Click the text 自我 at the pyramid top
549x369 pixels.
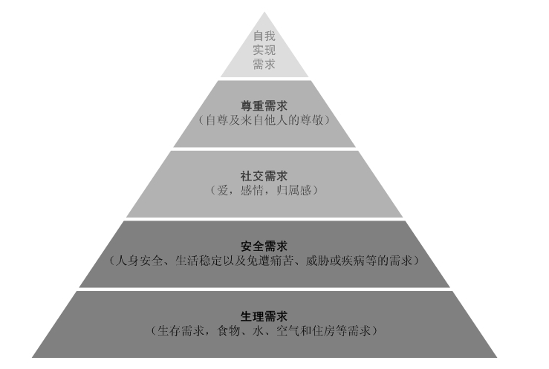click(264, 36)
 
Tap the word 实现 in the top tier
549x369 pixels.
click(264, 50)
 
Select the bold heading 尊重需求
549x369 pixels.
click(264, 105)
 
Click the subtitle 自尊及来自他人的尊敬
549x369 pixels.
click(264, 120)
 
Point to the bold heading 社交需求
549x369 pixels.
click(264, 175)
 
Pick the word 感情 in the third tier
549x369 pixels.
click(252, 190)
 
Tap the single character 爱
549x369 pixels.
click(223, 190)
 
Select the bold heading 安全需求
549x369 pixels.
click(264, 246)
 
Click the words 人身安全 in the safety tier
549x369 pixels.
click(139, 261)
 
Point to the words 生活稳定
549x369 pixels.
click(198, 261)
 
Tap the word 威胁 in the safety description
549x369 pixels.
click(317, 261)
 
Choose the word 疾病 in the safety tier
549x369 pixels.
click(353, 261)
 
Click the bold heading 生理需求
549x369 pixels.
click(264, 316)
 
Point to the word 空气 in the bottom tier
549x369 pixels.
click(288, 330)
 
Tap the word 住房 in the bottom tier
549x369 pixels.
click(323, 330)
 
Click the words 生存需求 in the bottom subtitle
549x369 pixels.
click(181, 330)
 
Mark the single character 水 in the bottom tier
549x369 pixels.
click(258, 330)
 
